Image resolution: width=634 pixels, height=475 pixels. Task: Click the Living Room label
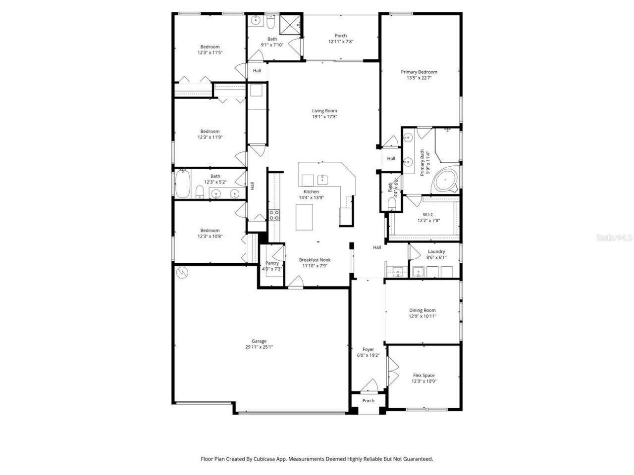pos(324,111)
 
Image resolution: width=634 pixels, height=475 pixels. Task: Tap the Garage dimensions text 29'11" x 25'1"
pos(259,347)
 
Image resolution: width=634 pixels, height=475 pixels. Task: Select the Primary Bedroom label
pos(419,72)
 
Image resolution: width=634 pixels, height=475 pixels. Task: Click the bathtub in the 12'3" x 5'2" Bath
pos(182,184)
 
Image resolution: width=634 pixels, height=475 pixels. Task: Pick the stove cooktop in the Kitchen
pos(274,215)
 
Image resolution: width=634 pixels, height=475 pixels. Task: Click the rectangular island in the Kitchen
pos(305,217)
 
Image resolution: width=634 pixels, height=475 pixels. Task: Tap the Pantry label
pos(272,263)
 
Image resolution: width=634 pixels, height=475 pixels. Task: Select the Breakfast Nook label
pos(315,260)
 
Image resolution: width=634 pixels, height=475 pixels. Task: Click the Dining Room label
pos(423,310)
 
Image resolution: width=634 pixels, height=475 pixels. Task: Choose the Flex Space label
pos(423,376)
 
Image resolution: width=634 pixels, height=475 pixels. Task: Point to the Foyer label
pos(368,349)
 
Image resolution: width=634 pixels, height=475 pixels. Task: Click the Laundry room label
pos(436,251)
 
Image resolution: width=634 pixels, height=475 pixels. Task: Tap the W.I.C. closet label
pos(428,214)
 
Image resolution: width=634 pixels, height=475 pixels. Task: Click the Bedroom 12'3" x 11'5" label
pos(210,47)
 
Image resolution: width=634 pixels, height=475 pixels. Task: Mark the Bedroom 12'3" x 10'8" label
pos(210,230)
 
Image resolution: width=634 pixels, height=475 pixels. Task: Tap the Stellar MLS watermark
pos(614,238)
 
